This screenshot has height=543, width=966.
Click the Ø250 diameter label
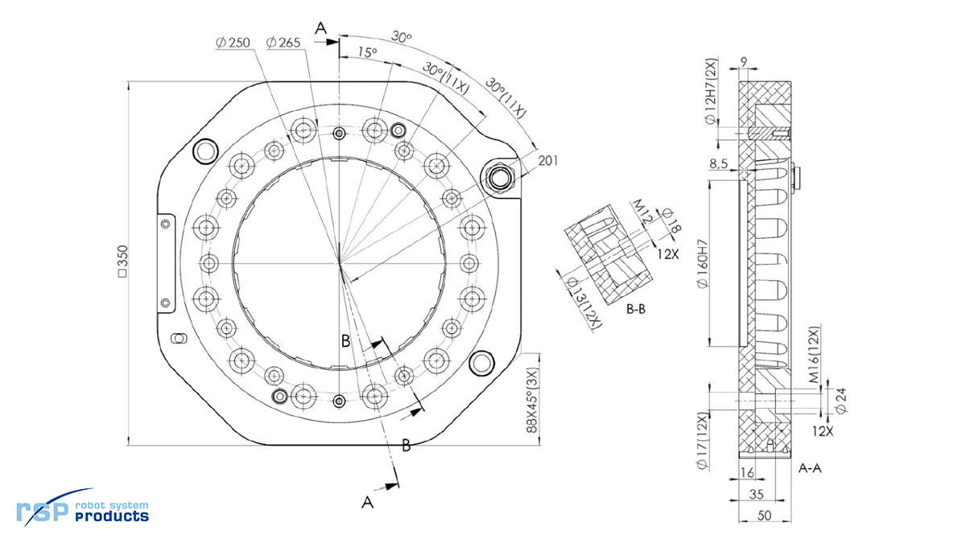(233, 43)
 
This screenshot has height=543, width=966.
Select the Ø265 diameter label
(283, 43)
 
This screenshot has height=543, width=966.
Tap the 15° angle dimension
(367, 52)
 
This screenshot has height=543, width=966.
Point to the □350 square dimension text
(123, 262)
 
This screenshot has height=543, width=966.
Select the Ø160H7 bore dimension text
(702, 264)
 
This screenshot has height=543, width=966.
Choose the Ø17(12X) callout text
(702, 439)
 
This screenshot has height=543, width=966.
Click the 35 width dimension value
(757, 494)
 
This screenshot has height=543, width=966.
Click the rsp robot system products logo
(83, 509)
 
